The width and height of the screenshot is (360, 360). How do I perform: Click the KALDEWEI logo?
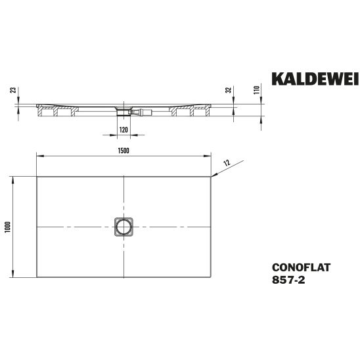[315, 79]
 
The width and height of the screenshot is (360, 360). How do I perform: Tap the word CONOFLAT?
[301, 267]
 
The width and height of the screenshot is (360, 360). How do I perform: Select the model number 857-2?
[288, 280]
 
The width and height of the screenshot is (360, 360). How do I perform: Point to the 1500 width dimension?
[124, 150]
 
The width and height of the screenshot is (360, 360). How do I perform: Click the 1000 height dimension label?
[8, 227]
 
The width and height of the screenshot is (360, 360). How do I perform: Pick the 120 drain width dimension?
[124, 130]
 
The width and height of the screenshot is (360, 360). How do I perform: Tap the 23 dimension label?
[14, 90]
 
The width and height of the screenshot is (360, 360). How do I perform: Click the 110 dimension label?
[256, 89]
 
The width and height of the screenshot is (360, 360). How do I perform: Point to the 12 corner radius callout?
[227, 163]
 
